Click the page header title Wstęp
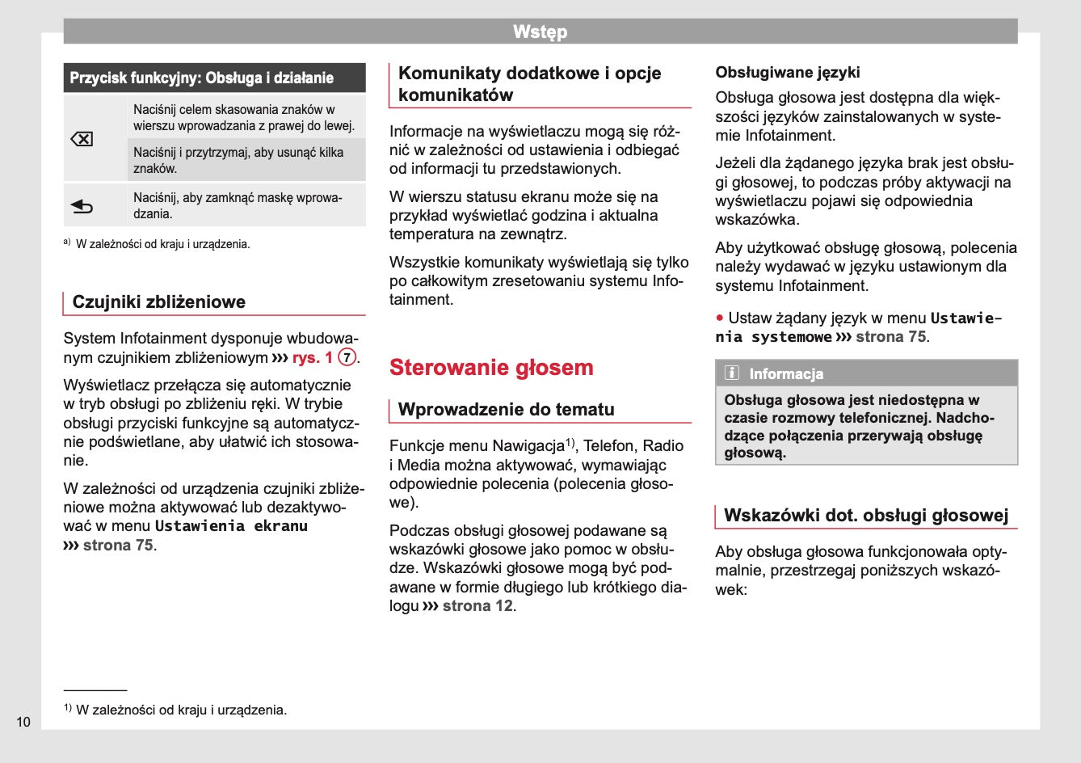pyautogui.click(x=540, y=32)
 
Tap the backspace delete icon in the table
pyautogui.click(x=82, y=139)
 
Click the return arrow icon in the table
pyautogui.click(x=82, y=207)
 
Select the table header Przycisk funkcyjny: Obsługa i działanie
pyautogui.click(x=202, y=78)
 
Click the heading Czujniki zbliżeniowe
pyautogui.click(x=159, y=302)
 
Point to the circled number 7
pyautogui.click(x=347, y=357)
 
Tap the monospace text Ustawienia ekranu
pyautogui.click(x=231, y=526)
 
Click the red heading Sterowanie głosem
pyautogui.click(x=491, y=368)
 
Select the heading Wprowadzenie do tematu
pyautogui.click(x=507, y=410)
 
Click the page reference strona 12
pyautogui.click(x=477, y=606)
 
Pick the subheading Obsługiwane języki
pyautogui.click(x=788, y=73)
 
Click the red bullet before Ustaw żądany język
pyautogui.click(x=719, y=318)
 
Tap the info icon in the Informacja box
pyautogui.click(x=732, y=373)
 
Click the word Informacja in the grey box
pyautogui.click(x=786, y=374)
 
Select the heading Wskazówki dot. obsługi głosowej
pyautogui.click(x=866, y=516)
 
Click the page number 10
pyautogui.click(x=23, y=722)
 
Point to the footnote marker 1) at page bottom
pyautogui.click(x=68, y=708)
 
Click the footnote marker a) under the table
pyautogui.click(x=67, y=242)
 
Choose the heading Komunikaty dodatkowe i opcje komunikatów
pyautogui.click(x=530, y=84)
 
